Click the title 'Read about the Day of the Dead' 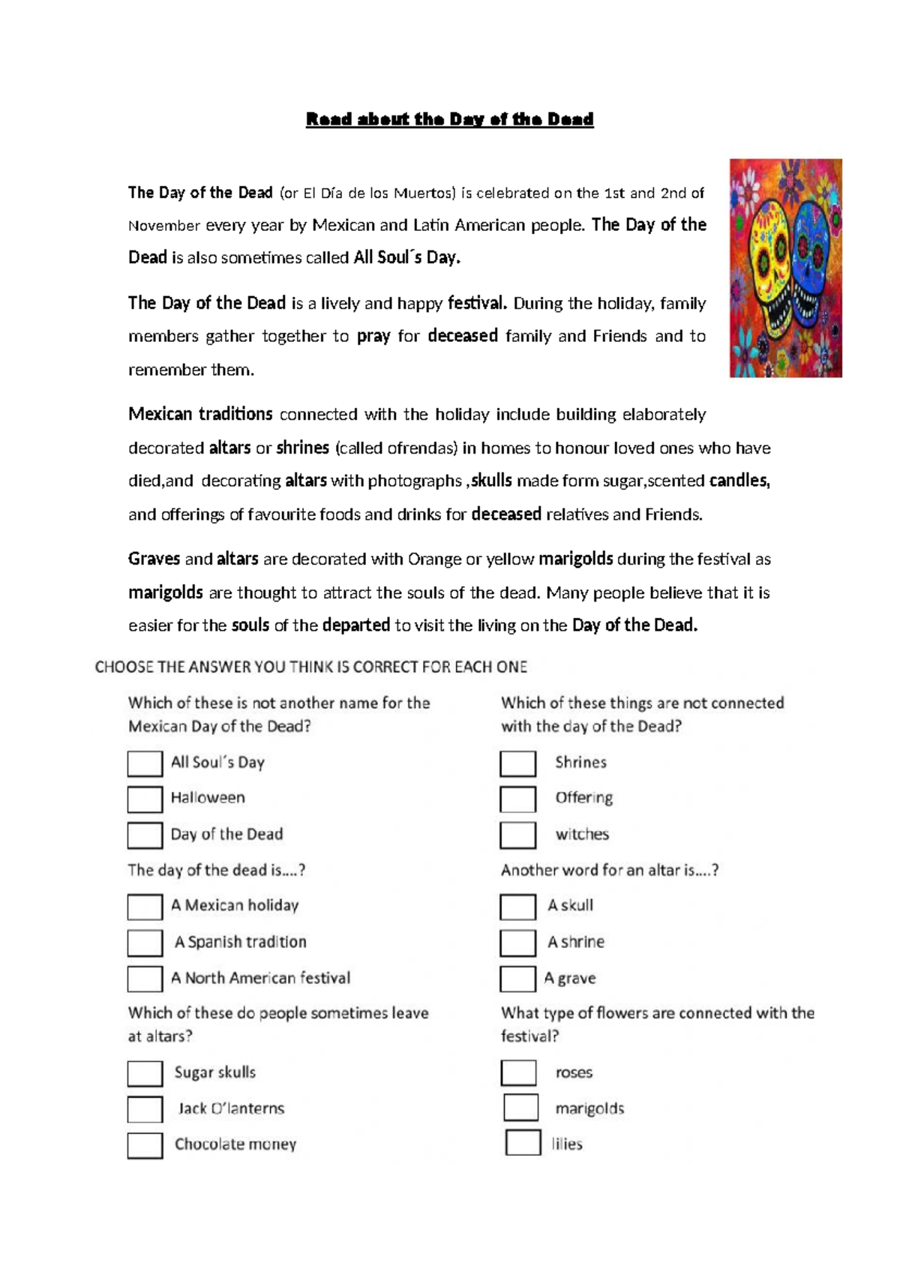tap(449, 119)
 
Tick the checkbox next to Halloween tap(145, 799)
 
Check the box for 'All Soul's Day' tap(145, 763)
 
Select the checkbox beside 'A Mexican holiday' tap(145, 906)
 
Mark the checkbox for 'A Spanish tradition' tap(145, 943)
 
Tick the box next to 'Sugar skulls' tap(145, 1073)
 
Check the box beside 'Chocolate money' tap(145, 1145)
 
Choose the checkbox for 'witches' tap(517, 835)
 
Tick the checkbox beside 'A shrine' tap(517, 943)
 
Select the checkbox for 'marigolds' tap(520, 1108)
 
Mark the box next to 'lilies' tap(523, 1143)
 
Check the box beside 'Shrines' tap(517, 763)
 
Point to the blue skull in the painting tap(813, 262)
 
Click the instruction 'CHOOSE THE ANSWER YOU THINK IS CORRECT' tap(310, 667)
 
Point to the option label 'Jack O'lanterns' tap(231, 1108)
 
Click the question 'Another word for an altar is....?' tap(610, 870)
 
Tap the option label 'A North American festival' tap(260, 978)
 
